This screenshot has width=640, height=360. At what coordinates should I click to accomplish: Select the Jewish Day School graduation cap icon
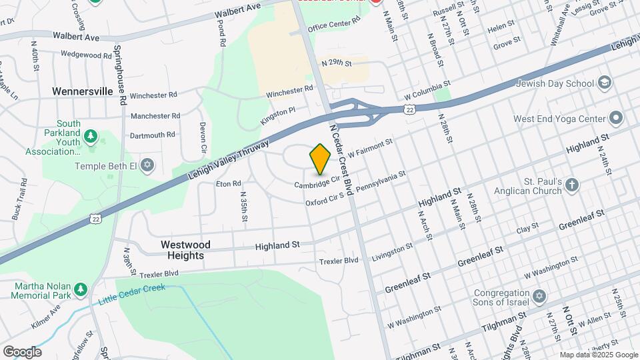coord(605,83)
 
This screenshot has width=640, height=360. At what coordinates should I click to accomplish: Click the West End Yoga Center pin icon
coord(616,119)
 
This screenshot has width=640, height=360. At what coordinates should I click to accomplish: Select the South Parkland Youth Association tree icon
coord(91,138)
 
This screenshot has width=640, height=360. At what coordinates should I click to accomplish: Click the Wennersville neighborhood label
coord(83,91)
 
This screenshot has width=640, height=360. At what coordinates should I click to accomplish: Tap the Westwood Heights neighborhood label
coord(185,250)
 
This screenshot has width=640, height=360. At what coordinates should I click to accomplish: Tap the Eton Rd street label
coord(228,183)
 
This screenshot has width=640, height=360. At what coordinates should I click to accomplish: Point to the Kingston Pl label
coord(277,117)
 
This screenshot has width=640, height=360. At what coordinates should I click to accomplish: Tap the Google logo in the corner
coord(21,351)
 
